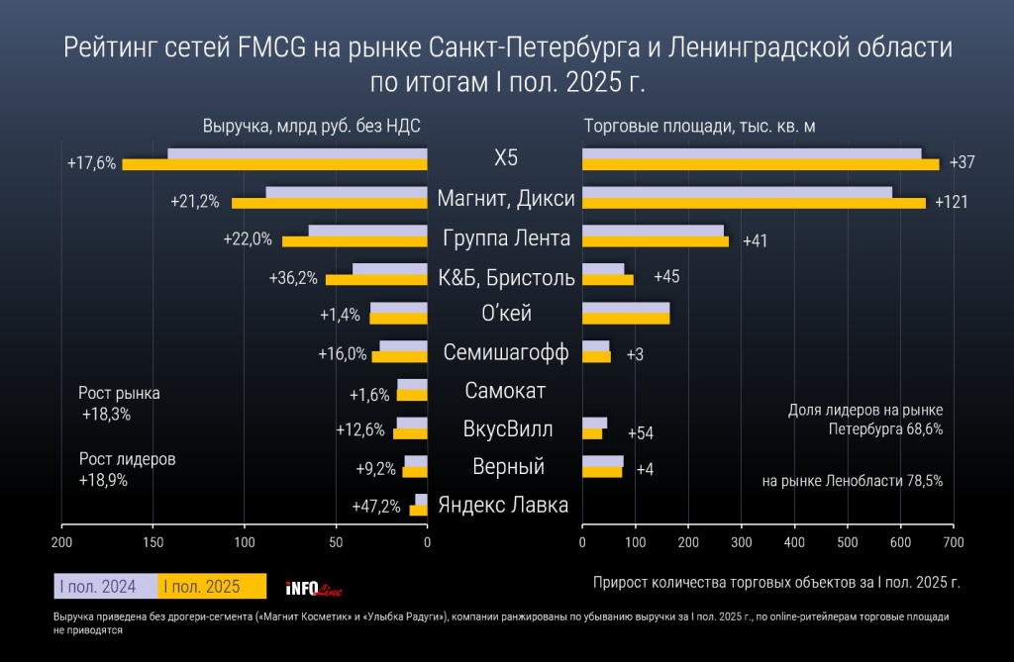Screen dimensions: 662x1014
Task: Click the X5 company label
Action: (x=506, y=158)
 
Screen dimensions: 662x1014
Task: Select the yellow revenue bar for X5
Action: (x=275, y=164)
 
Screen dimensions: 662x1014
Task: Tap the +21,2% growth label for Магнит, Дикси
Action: (x=195, y=202)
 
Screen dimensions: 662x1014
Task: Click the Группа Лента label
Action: (x=506, y=238)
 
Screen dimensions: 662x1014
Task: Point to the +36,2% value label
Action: (x=293, y=278)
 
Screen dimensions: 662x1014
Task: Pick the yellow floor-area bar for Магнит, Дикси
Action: (x=754, y=203)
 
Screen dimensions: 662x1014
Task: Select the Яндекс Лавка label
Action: (x=504, y=505)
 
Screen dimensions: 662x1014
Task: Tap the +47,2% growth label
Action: (x=376, y=507)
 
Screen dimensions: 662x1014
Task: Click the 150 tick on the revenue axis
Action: (x=152, y=542)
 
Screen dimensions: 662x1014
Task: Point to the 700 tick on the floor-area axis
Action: (x=953, y=542)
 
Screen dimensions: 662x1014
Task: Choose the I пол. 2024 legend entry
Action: (x=104, y=587)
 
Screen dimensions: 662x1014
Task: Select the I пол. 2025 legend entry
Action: (x=212, y=587)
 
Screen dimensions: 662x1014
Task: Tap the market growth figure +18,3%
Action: (x=107, y=413)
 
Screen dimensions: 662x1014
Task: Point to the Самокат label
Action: (x=505, y=391)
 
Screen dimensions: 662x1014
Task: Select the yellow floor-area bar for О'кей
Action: (x=626, y=319)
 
